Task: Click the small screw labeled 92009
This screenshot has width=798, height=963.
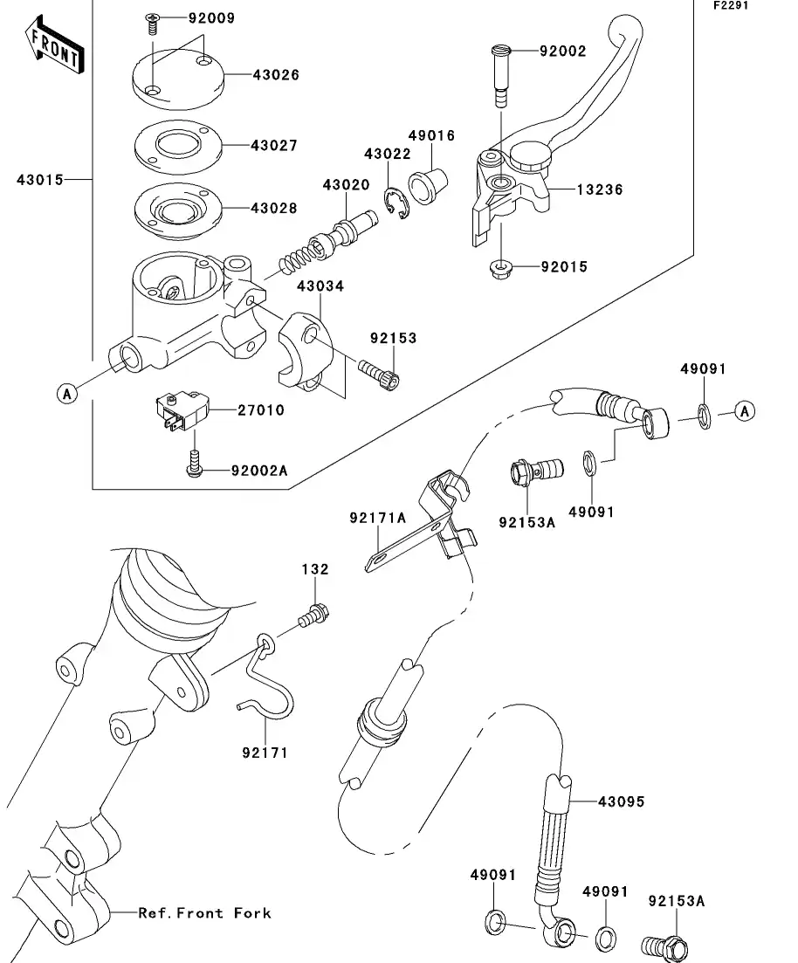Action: (x=153, y=22)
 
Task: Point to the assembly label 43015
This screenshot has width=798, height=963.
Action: (x=39, y=180)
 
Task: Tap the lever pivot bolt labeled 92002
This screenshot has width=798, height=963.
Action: (x=499, y=74)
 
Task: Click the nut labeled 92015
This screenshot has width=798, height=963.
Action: (x=500, y=266)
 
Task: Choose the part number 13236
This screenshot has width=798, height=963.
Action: (x=599, y=189)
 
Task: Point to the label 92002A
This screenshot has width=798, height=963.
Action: (x=258, y=471)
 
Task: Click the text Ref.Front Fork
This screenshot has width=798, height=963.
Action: (x=204, y=913)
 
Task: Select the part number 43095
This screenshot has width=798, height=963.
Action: (x=621, y=801)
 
